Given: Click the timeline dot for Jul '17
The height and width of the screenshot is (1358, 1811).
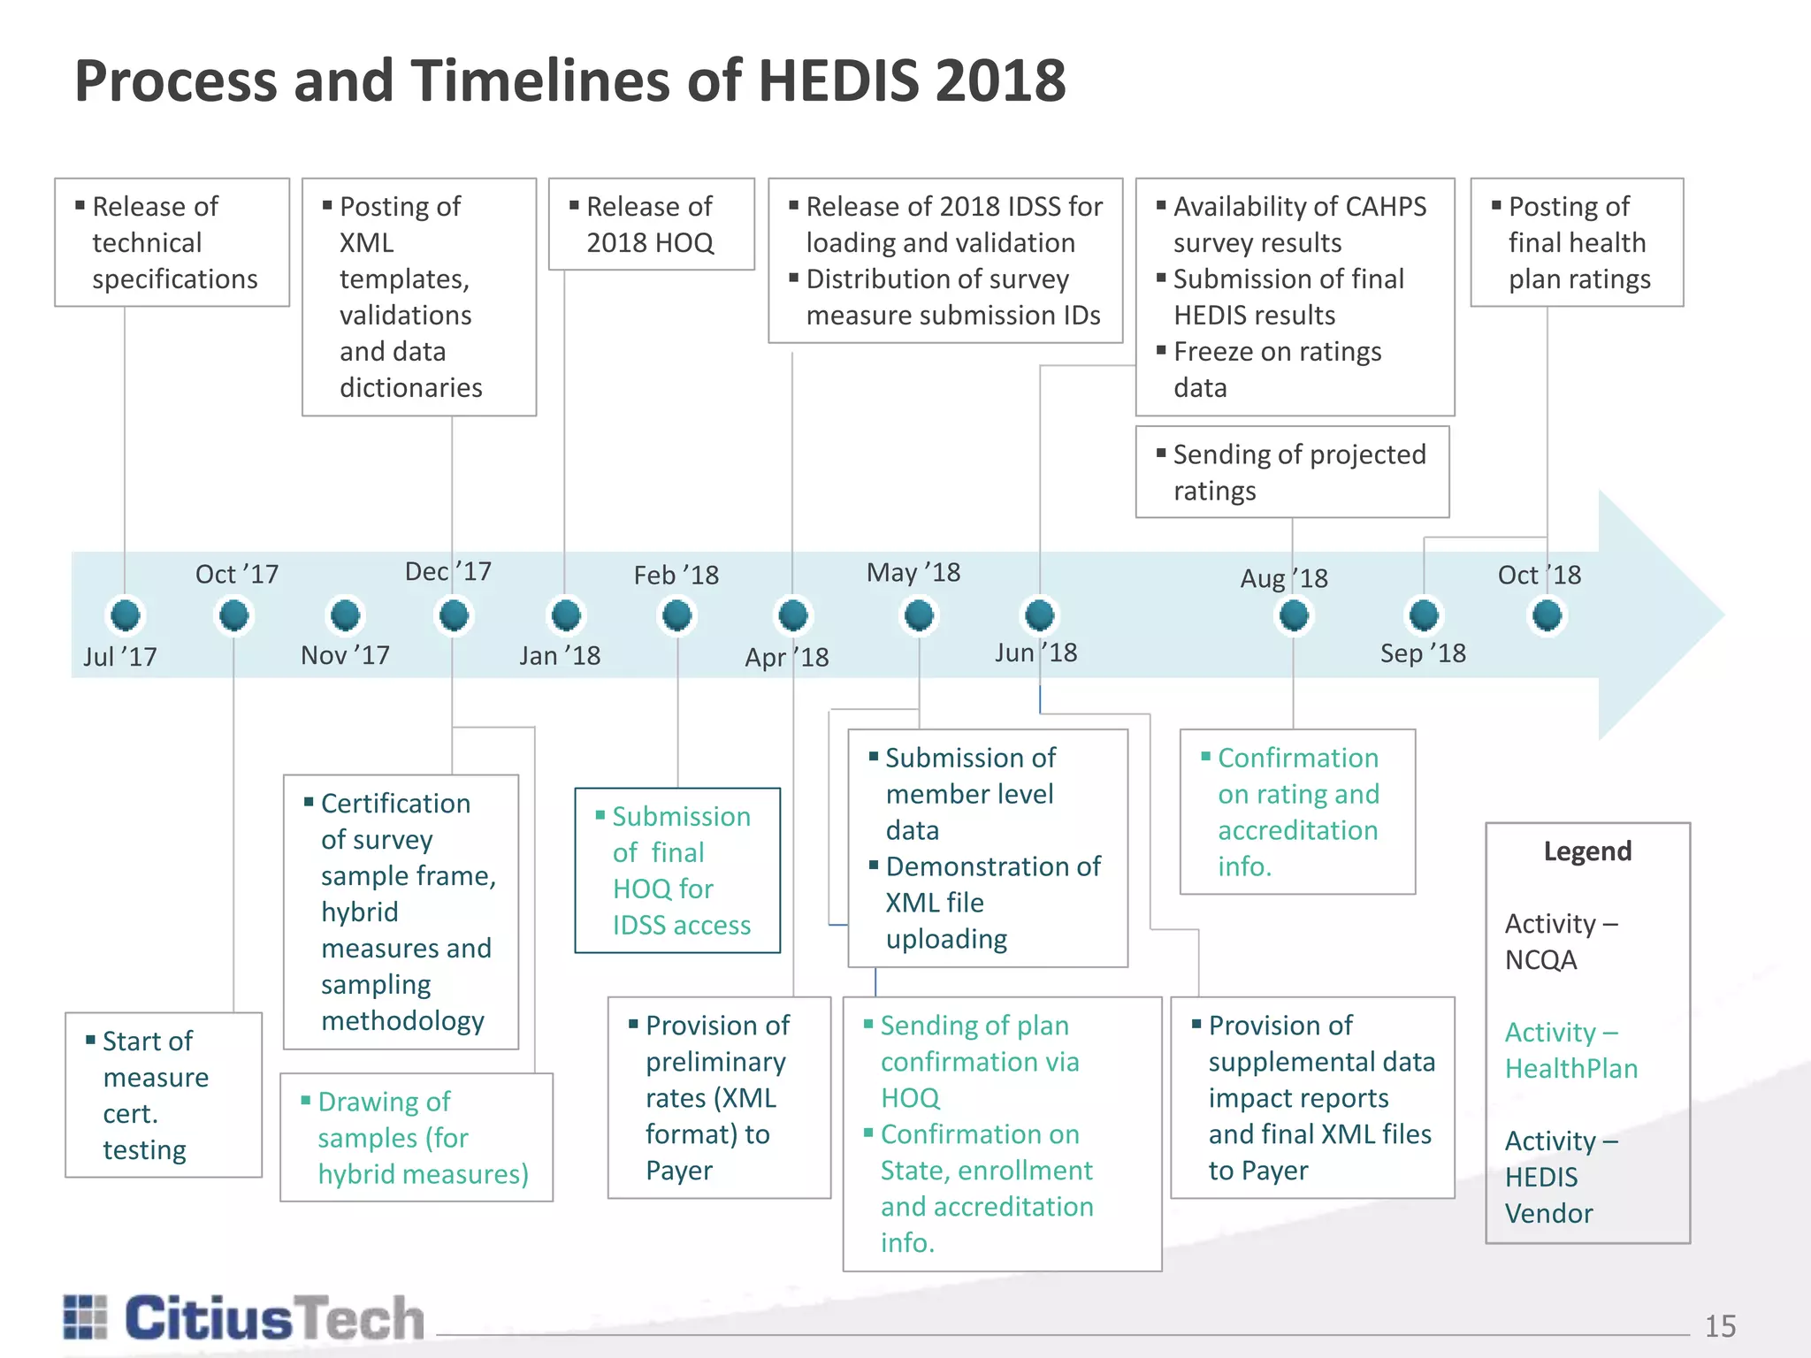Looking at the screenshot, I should pos(126,614).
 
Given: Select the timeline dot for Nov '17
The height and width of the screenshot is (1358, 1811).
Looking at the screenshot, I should pos(345,614).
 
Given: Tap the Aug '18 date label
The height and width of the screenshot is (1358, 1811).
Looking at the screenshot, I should pos(1284,578).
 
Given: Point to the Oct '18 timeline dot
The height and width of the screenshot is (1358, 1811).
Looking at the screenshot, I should pos(1547,614).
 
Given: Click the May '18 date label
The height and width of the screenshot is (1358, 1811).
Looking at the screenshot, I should pos(913,573).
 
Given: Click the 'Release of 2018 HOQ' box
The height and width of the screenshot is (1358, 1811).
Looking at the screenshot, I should pos(651,225).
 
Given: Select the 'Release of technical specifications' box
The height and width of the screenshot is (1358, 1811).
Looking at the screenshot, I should pos(172,242).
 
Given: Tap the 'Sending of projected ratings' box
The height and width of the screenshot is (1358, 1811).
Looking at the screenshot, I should pos(1292,472).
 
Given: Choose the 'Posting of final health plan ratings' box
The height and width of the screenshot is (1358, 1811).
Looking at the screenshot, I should pos(1577,242).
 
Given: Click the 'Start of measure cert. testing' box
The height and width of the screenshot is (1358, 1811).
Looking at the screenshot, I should pos(164,1095).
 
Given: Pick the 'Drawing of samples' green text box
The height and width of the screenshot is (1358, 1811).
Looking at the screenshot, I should pos(416,1137).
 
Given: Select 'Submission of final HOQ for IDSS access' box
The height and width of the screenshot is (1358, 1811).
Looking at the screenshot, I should pos(677,870).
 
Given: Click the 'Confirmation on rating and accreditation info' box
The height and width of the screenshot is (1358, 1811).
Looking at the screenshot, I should pos(1297,812).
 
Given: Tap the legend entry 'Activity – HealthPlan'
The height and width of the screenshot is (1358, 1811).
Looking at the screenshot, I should pos(1570,1050).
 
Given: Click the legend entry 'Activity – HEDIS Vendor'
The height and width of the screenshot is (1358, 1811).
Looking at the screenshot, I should pos(1562,1177).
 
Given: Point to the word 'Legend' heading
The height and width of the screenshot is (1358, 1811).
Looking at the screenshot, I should pos(1587,851).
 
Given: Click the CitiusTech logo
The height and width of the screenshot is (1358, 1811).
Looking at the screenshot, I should pos(244,1318).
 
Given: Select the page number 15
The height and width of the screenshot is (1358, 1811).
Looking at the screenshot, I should pos(1720,1326).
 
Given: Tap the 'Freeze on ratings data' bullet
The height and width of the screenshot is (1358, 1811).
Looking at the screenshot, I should pos(1277,369).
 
